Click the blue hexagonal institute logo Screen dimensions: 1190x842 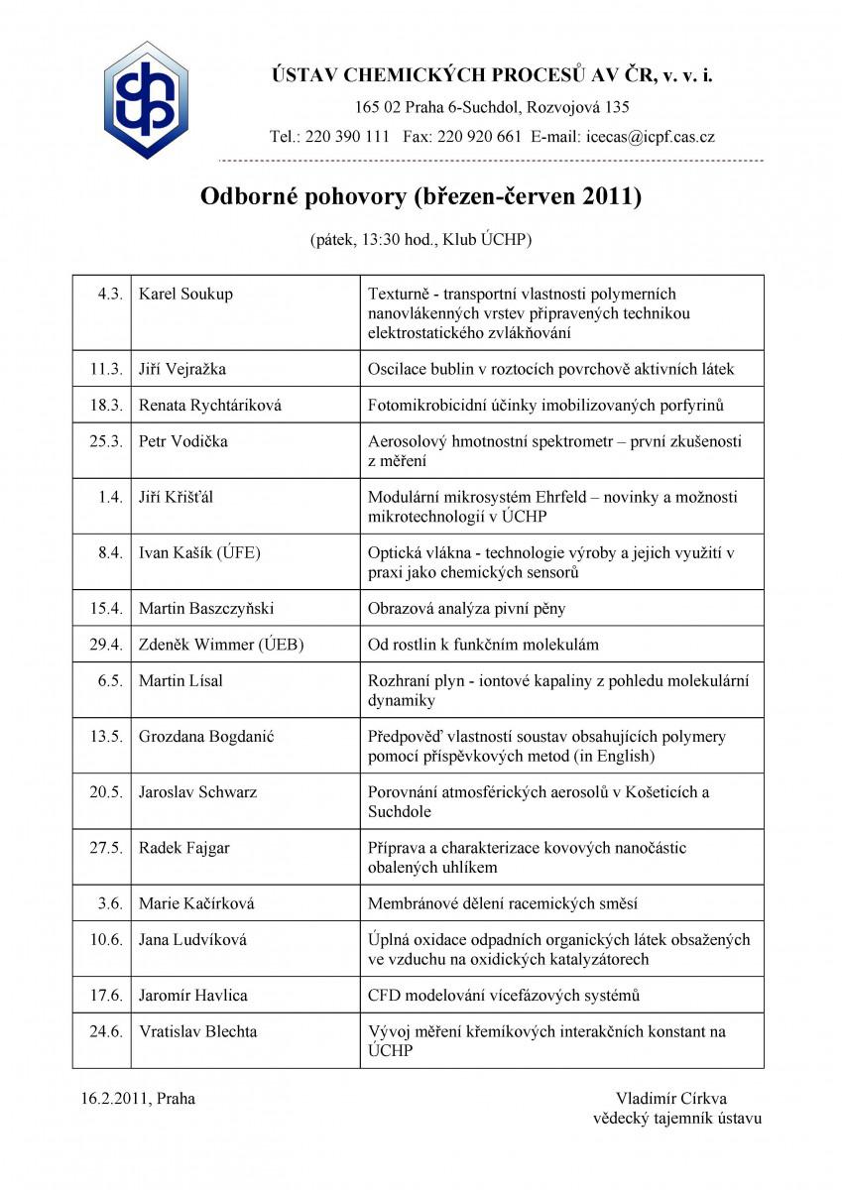coord(146,100)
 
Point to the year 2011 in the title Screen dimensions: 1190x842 coord(612,196)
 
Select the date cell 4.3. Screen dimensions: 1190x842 coord(110,295)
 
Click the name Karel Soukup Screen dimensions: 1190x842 coord(185,295)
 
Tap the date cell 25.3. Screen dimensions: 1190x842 coord(106,441)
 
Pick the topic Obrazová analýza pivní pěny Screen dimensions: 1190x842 coord(466,608)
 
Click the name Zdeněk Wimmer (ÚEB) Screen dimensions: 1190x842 coord(221,645)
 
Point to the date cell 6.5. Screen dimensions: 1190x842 coord(110,680)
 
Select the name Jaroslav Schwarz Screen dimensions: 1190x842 coord(198,792)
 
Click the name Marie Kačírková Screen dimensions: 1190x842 coord(196,903)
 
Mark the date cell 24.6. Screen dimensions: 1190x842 coord(106,1031)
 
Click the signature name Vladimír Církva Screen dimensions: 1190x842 coord(670,1099)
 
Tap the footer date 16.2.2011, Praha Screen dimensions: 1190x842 coord(138,1099)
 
